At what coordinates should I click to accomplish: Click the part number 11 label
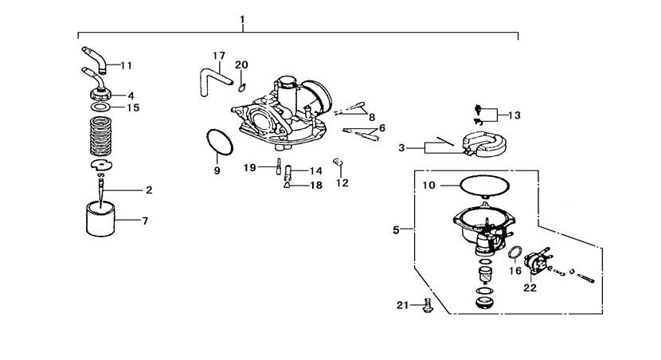point(126,65)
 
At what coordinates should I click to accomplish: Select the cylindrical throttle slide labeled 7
point(100,219)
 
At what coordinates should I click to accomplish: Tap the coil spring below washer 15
point(101,135)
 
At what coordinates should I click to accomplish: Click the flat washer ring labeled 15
point(101,107)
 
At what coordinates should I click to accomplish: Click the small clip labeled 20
point(241,88)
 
